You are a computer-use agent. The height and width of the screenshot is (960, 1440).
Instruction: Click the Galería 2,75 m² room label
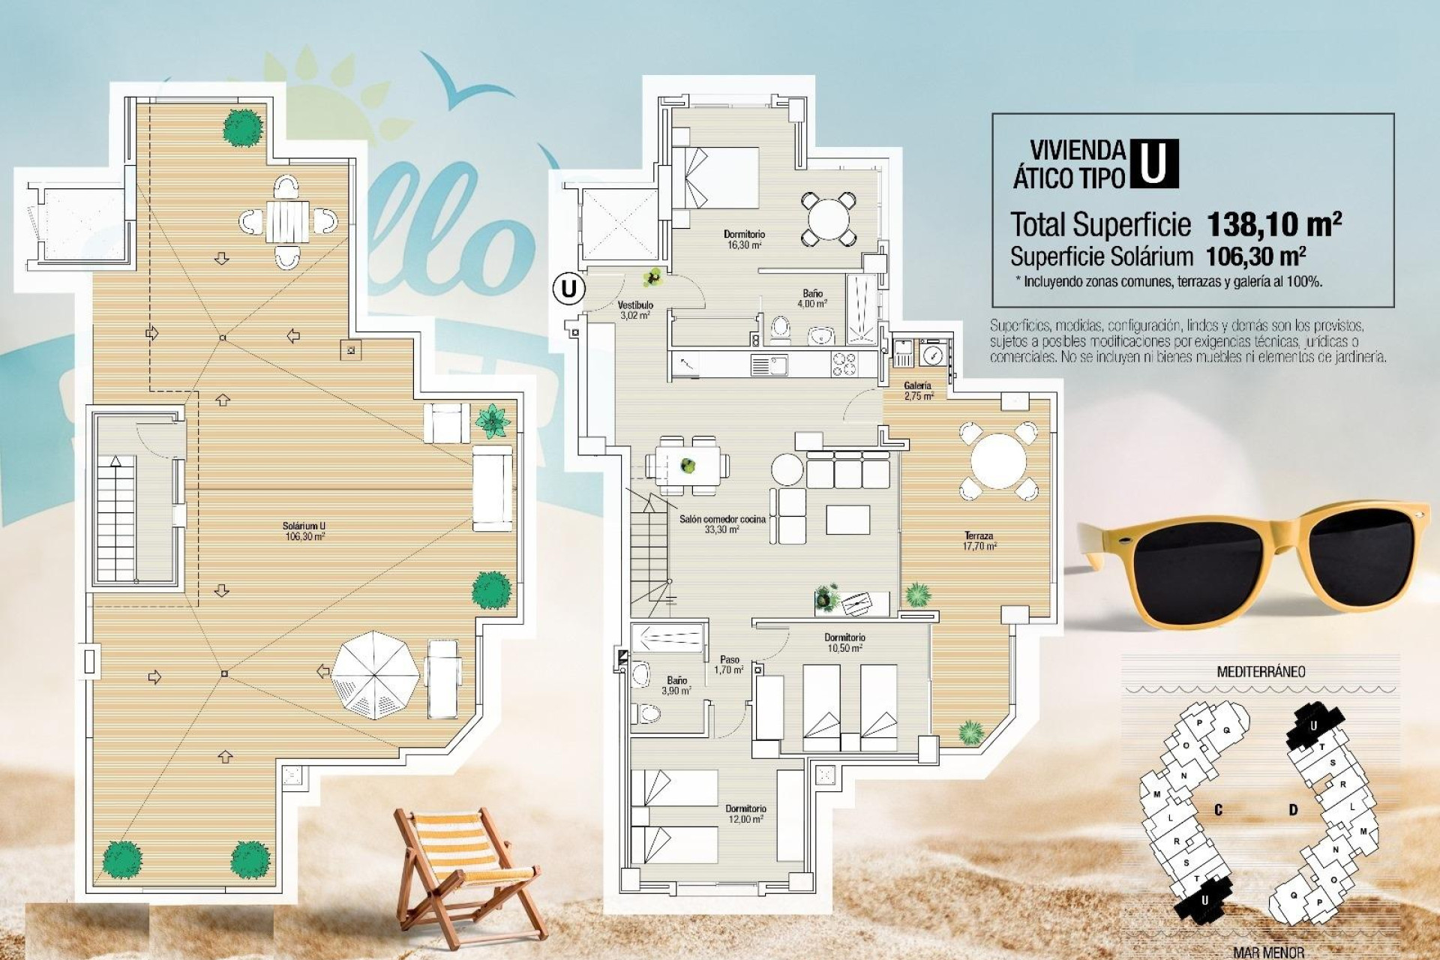918,391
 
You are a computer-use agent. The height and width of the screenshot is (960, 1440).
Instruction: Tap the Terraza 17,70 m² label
979,541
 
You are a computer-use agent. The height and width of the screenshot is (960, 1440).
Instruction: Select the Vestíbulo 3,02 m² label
635,310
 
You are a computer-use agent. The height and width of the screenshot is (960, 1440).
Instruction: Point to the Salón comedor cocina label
722,523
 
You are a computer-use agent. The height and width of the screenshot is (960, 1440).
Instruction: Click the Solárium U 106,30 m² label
304,531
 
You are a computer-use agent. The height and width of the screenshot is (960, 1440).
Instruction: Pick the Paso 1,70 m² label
729,664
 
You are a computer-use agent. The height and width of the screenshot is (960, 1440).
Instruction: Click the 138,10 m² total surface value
1273,223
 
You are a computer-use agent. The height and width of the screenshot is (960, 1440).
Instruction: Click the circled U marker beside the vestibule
569,288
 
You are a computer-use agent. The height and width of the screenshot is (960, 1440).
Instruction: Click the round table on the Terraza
997,460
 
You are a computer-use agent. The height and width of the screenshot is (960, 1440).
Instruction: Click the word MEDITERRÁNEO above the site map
1261,672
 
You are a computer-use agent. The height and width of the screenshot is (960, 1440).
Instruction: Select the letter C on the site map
1218,810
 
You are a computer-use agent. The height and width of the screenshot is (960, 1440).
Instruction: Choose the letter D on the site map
1293,810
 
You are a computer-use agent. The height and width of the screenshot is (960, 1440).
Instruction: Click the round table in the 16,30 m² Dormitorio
827,218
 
